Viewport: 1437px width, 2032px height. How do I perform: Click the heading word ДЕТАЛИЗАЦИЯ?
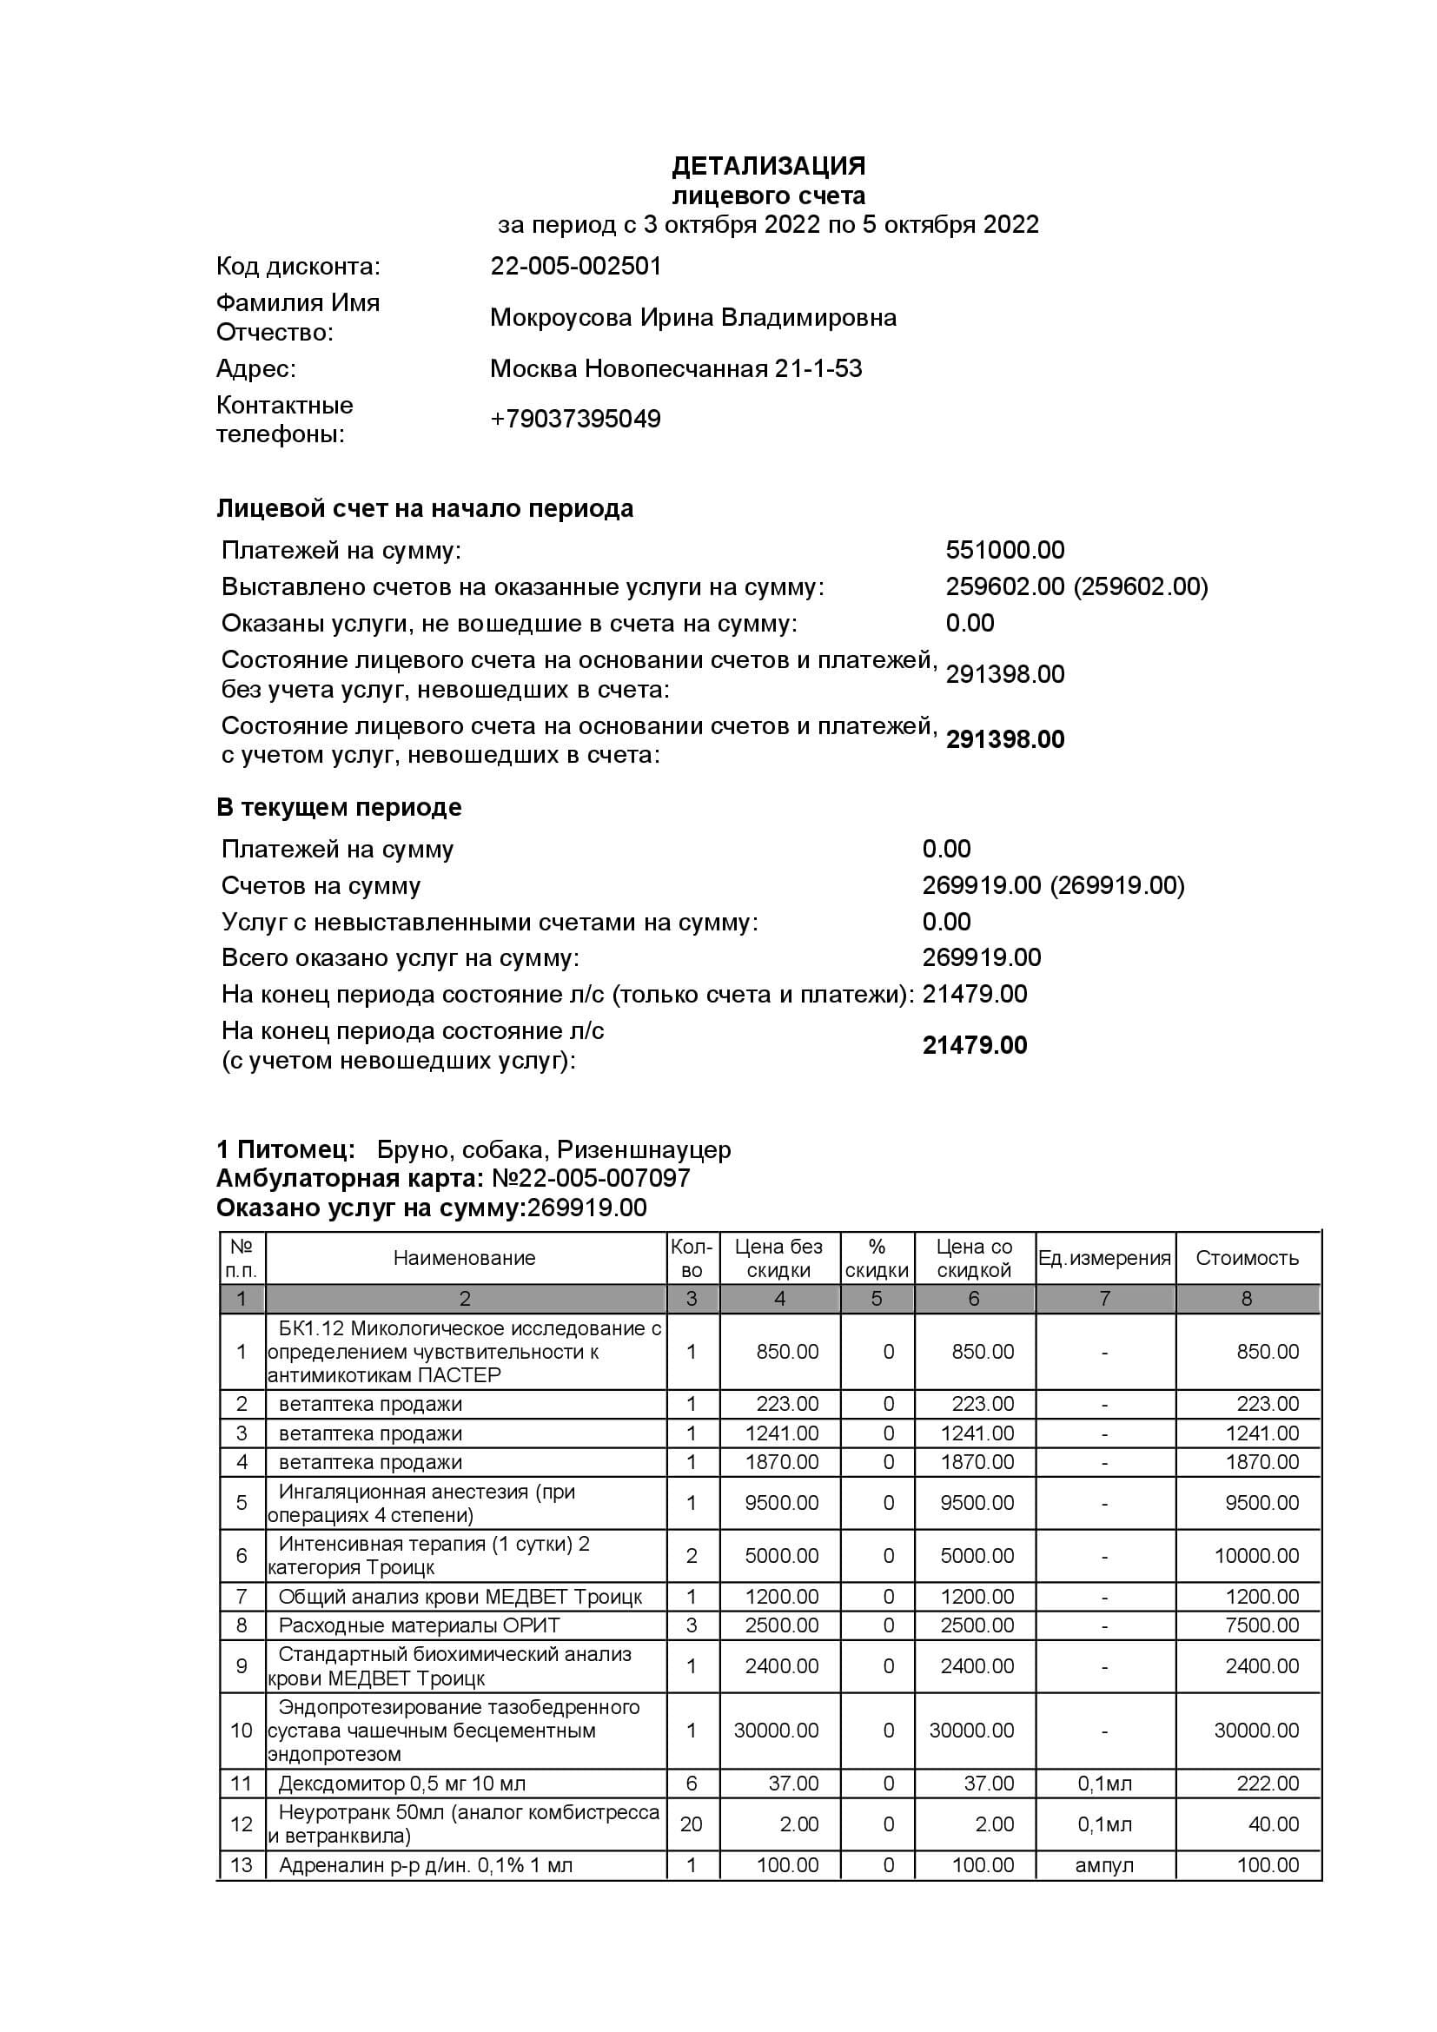pyautogui.click(x=768, y=167)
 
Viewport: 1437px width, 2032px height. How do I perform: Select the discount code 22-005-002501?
pyautogui.click(x=576, y=267)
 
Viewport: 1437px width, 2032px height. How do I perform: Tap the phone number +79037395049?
pyautogui.click(x=575, y=419)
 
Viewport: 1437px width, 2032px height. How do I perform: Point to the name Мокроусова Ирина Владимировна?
pyautogui.click(x=692, y=318)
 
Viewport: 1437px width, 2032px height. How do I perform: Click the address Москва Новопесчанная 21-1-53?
pyautogui.click(x=676, y=368)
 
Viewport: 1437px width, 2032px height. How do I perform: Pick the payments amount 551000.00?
pyautogui.click(x=1004, y=551)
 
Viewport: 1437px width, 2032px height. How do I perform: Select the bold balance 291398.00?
pyautogui.click(x=1004, y=740)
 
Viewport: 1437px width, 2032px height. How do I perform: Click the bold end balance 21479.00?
pyautogui.click(x=974, y=1045)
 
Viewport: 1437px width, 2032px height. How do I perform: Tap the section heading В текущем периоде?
pyautogui.click(x=339, y=807)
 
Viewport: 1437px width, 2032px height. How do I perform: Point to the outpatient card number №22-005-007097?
pyautogui.click(x=590, y=1179)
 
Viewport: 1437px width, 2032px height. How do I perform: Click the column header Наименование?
pyautogui.click(x=465, y=1258)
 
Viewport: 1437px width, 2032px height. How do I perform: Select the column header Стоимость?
pyautogui.click(x=1246, y=1258)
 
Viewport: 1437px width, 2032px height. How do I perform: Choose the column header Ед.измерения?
pyautogui.click(x=1104, y=1258)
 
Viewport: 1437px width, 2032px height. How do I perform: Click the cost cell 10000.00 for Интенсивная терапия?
pyautogui.click(x=1255, y=1556)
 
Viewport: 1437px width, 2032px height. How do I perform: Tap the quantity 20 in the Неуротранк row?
pyautogui.click(x=691, y=1824)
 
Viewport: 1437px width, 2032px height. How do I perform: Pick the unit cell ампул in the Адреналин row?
pyautogui.click(x=1104, y=1865)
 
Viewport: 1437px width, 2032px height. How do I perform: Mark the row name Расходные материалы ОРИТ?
pyautogui.click(x=419, y=1625)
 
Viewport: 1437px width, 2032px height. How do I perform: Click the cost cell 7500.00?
pyautogui.click(x=1261, y=1625)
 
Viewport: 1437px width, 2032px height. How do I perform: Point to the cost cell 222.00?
pyautogui.click(x=1267, y=1784)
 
